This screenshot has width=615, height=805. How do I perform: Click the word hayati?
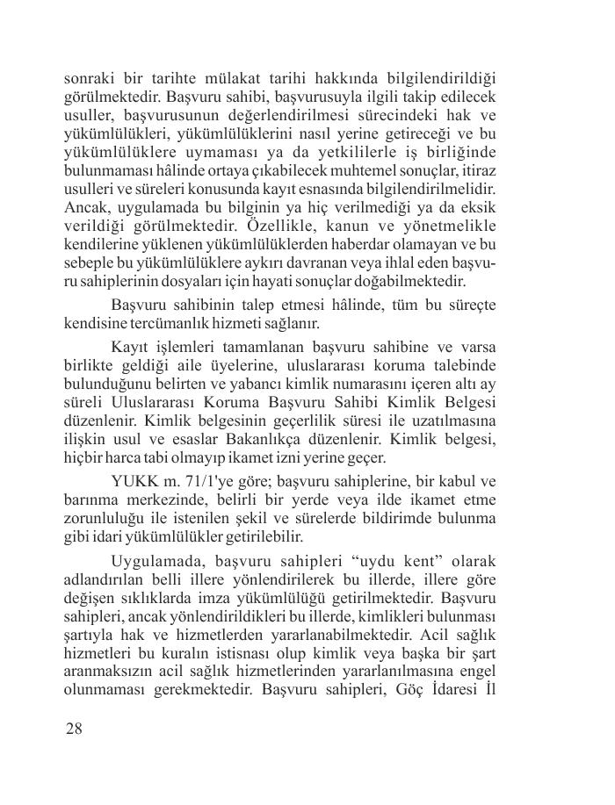point(300,283)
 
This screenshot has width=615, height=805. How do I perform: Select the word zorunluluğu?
point(106,518)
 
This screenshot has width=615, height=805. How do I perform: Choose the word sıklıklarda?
point(163,597)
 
